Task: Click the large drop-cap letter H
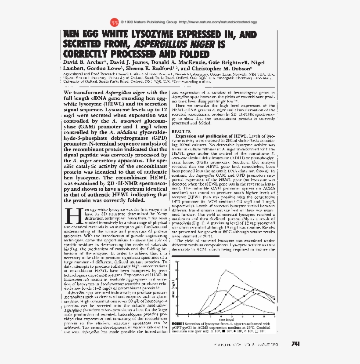tap(70, 215)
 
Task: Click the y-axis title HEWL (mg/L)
tap(173, 290)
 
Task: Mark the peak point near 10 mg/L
tap(225, 270)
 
